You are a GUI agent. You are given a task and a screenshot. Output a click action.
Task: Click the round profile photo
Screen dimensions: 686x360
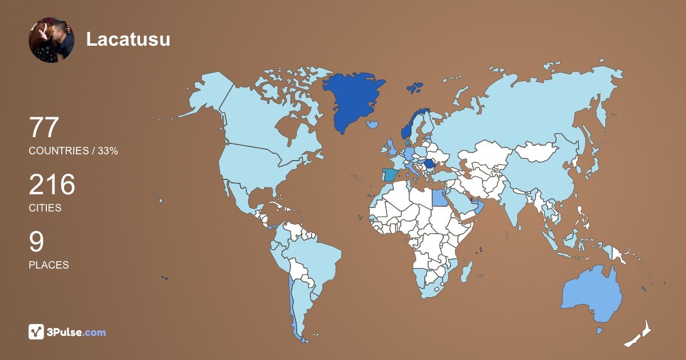51,40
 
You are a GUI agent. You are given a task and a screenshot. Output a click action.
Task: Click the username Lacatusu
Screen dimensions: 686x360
128,39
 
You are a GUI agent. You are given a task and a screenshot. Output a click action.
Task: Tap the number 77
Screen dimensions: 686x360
44,127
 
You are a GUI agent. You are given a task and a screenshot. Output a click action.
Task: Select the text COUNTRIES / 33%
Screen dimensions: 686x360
73,151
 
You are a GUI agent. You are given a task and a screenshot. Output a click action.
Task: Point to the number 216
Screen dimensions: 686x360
52,185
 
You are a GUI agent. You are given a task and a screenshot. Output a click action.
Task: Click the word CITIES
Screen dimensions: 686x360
45,208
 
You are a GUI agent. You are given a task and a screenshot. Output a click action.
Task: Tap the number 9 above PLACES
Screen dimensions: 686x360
37,242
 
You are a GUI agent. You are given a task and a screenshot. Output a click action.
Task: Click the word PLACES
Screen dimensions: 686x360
49,265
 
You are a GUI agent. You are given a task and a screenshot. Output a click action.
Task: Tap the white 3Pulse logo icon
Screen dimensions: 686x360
37,332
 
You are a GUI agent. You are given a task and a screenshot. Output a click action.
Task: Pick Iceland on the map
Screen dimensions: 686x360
373,124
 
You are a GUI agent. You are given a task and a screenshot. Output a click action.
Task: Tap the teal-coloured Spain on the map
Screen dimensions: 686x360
390,174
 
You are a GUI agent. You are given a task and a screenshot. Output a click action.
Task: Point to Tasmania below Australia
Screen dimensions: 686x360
600,330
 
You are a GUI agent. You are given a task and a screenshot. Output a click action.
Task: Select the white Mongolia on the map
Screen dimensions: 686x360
537,152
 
